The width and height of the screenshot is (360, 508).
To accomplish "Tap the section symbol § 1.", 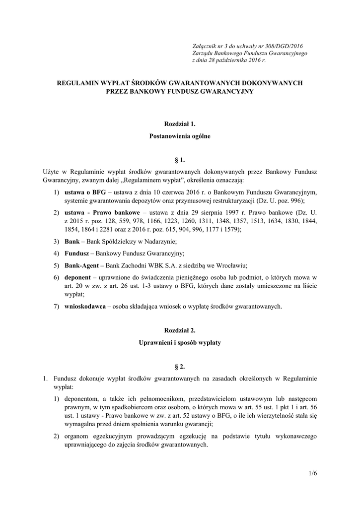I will point(180,160).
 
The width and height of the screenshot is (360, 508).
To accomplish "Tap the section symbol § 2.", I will point(180,367).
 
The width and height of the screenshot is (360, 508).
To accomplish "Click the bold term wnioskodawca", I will point(85,307).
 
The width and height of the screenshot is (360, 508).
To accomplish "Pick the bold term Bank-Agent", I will point(83,264).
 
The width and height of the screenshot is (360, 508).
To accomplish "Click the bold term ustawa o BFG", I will point(82,192).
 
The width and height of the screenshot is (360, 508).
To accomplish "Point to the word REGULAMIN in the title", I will point(83,83).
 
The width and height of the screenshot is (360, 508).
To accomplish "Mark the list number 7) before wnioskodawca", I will point(57,307).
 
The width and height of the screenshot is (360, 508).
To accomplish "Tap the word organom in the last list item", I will point(78,436).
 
